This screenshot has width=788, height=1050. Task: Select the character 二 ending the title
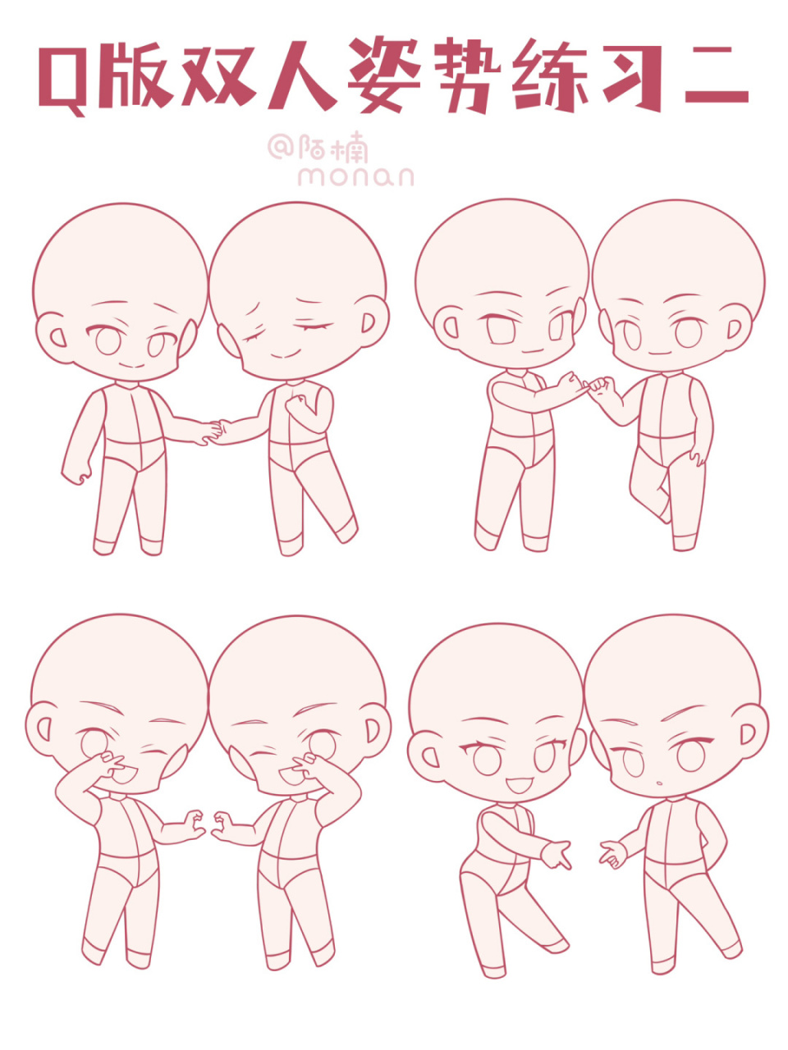click(x=716, y=75)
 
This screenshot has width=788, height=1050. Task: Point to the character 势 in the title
click(x=466, y=75)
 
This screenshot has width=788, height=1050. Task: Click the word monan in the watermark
click(x=355, y=176)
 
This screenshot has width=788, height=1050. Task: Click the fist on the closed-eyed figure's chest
click(x=297, y=404)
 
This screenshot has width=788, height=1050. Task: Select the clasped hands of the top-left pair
click(x=214, y=432)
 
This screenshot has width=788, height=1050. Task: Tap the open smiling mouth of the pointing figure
click(x=519, y=786)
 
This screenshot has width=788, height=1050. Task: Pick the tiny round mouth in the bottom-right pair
click(x=659, y=783)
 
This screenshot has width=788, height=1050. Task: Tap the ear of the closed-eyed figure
click(x=374, y=322)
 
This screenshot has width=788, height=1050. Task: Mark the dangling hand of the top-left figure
click(x=76, y=473)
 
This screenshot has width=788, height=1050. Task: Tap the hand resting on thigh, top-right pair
click(x=696, y=457)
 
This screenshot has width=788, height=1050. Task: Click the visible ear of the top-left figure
click(x=51, y=337)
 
